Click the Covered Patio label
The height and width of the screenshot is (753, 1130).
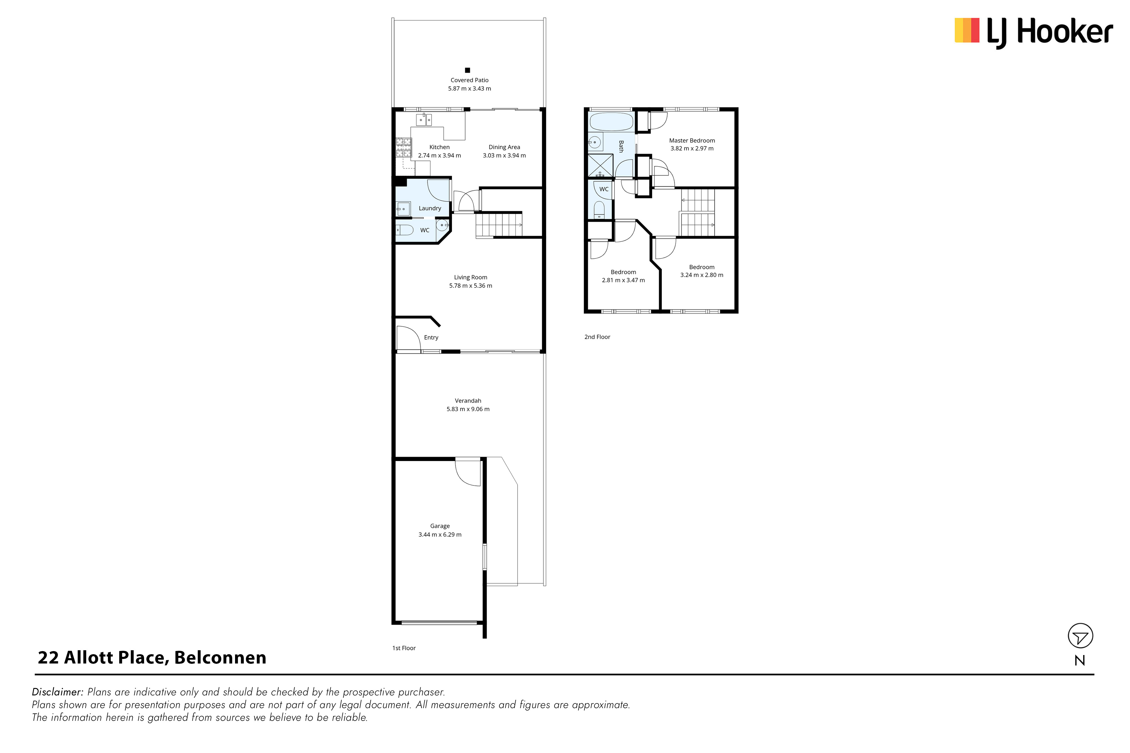click(470, 80)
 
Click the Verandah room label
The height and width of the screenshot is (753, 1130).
click(468, 401)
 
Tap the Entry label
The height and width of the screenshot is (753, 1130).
click(431, 338)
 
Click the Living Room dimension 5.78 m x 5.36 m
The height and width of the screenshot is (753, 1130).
click(470, 286)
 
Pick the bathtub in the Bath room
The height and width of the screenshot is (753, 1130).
click(611, 122)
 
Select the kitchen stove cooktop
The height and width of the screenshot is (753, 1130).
click(404, 147)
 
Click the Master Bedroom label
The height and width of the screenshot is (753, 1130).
click(692, 141)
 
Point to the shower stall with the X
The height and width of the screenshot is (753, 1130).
click(601, 165)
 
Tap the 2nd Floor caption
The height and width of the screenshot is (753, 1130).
click(597, 337)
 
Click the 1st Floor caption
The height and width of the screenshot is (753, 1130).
click(404, 648)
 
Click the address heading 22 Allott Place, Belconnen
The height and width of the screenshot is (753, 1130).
click(152, 658)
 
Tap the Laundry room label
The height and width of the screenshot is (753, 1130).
click(429, 208)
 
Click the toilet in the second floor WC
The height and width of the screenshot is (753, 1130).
click(599, 209)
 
